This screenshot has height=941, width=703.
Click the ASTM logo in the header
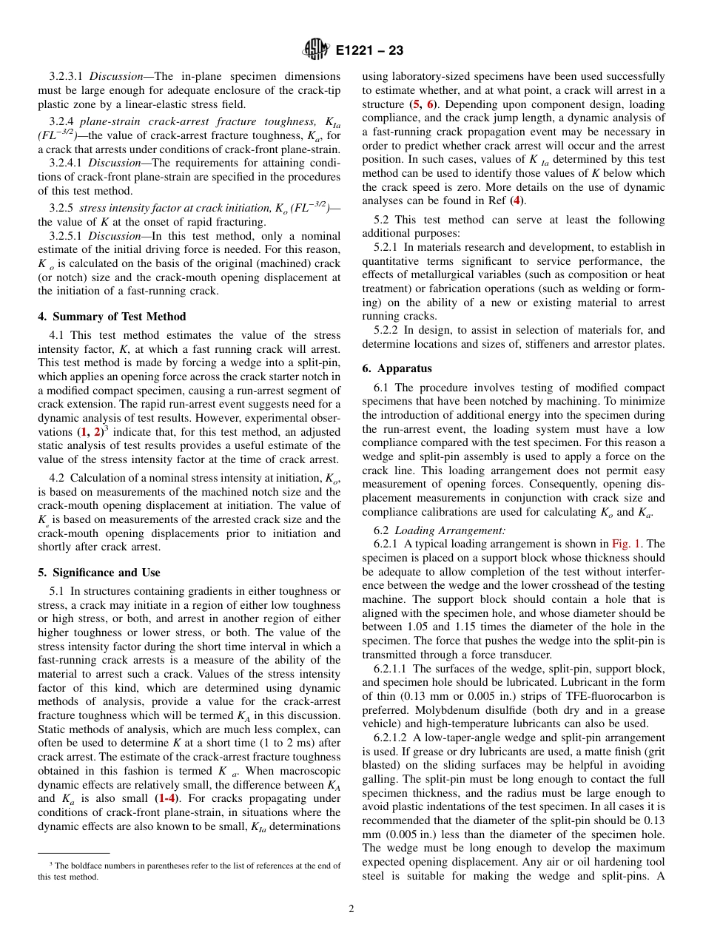coord(316,50)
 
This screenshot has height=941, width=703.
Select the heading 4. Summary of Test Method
coord(112,317)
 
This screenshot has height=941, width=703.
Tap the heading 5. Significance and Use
coord(98,573)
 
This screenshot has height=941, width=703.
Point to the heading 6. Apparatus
coord(397,368)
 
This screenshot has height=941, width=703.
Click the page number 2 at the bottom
coord(351,909)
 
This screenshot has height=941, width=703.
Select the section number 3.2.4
coord(61,121)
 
